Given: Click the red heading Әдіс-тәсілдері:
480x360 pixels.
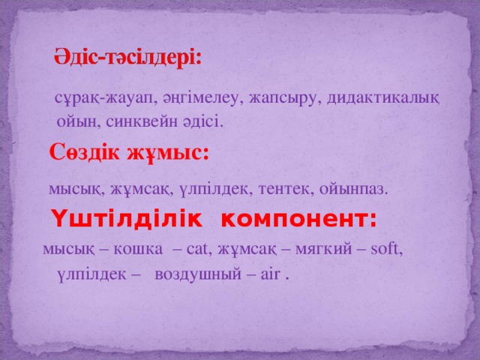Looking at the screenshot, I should [x=127, y=57].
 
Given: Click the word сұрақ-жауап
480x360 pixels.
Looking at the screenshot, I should [x=96, y=98].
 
